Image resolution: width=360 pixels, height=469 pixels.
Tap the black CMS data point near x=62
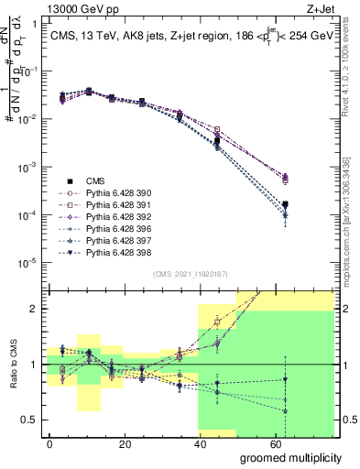(285, 204)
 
